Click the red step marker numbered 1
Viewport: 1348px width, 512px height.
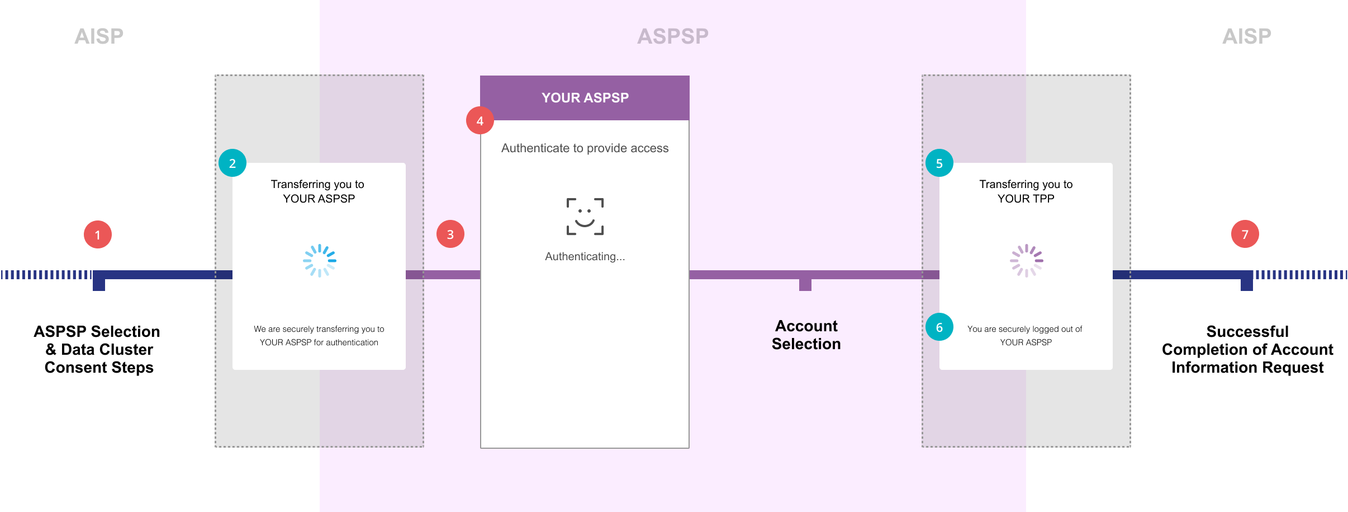tap(98, 234)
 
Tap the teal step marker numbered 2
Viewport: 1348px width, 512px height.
tap(232, 163)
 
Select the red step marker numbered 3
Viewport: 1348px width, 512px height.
tap(450, 234)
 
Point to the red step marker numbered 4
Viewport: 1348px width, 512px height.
tap(480, 120)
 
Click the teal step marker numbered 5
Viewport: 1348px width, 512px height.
tap(939, 163)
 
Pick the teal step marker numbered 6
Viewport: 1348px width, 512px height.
tap(939, 327)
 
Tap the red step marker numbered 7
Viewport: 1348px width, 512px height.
tap(1245, 234)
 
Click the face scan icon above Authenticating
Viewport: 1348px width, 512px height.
tap(585, 217)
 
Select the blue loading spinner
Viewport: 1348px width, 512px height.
tap(320, 260)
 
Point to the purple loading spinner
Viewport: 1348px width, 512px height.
tap(1027, 260)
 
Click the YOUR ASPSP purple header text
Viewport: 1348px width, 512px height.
tap(585, 98)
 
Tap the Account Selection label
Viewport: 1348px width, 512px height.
tap(806, 335)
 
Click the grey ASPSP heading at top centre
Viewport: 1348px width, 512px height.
tap(673, 36)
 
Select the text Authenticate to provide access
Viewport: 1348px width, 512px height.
tap(585, 148)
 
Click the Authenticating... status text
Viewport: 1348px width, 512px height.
tap(585, 256)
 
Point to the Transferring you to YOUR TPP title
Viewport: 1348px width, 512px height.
tap(1026, 191)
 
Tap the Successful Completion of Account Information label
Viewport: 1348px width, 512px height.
tap(1247, 349)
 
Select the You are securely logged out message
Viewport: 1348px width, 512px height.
tap(1025, 335)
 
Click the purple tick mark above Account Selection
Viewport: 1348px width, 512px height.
tap(805, 284)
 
